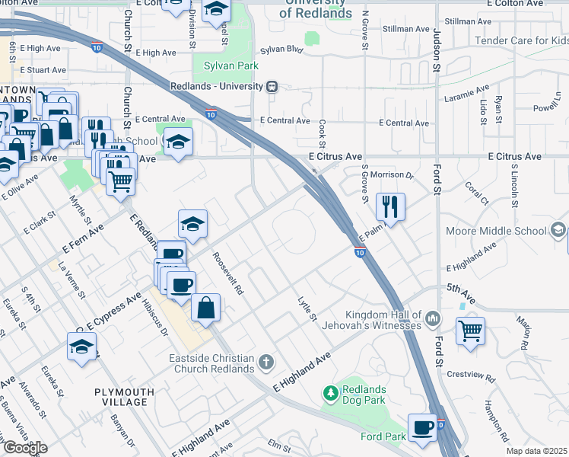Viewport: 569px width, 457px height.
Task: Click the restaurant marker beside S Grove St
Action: pyautogui.click(x=390, y=206)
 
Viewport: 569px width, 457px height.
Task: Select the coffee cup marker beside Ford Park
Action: pyautogui.click(x=422, y=427)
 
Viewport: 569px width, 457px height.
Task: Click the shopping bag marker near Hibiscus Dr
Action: pyautogui.click(x=205, y=308)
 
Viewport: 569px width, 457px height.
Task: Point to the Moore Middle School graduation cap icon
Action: pyautogui.click(x=558, y=230)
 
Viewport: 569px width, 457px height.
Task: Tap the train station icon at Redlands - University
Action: pyautogui.click(x=272, y=87)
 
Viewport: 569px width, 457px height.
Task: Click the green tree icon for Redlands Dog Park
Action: pyautogui.click(x=331, y=393)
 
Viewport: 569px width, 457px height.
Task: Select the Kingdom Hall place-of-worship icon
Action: pyautogui.click(x=433, y=316)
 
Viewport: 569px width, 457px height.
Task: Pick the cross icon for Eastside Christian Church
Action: pyautogui.click(x=266, y=361)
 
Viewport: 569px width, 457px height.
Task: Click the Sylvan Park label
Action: pyautogui.click(x=229, y=66)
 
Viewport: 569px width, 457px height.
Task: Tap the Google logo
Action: pyautogui.click(x=24, y=448)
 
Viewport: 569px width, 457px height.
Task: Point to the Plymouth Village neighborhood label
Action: pyautogui.click(x=124, y=397)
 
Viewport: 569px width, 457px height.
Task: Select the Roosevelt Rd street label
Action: pyautogui.click(x=227, y=273)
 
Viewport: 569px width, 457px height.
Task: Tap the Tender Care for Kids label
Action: pyautogui.click(x=521, y=40)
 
